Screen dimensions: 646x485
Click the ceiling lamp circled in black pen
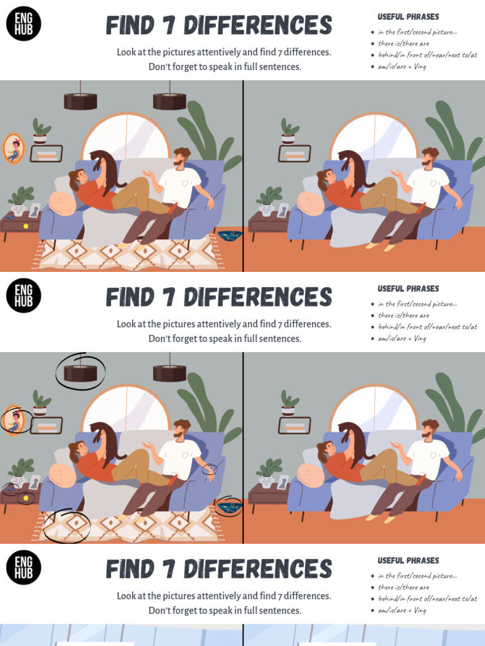click(80, 373)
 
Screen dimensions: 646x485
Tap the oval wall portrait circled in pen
click(13, 421)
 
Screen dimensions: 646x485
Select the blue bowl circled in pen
click(229, 507)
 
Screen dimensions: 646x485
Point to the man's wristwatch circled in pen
click(209, 469)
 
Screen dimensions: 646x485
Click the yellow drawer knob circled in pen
click(26, 498)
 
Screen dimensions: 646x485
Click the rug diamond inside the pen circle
click(66, 524)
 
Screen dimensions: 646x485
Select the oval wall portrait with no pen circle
click(13, 149)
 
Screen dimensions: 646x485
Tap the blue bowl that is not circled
click(229, 235)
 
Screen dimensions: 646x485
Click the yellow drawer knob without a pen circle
click(26, 226)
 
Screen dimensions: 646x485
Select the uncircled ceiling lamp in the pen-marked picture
click(169, 373)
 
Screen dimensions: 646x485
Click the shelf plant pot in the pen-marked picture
click(40, 411)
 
